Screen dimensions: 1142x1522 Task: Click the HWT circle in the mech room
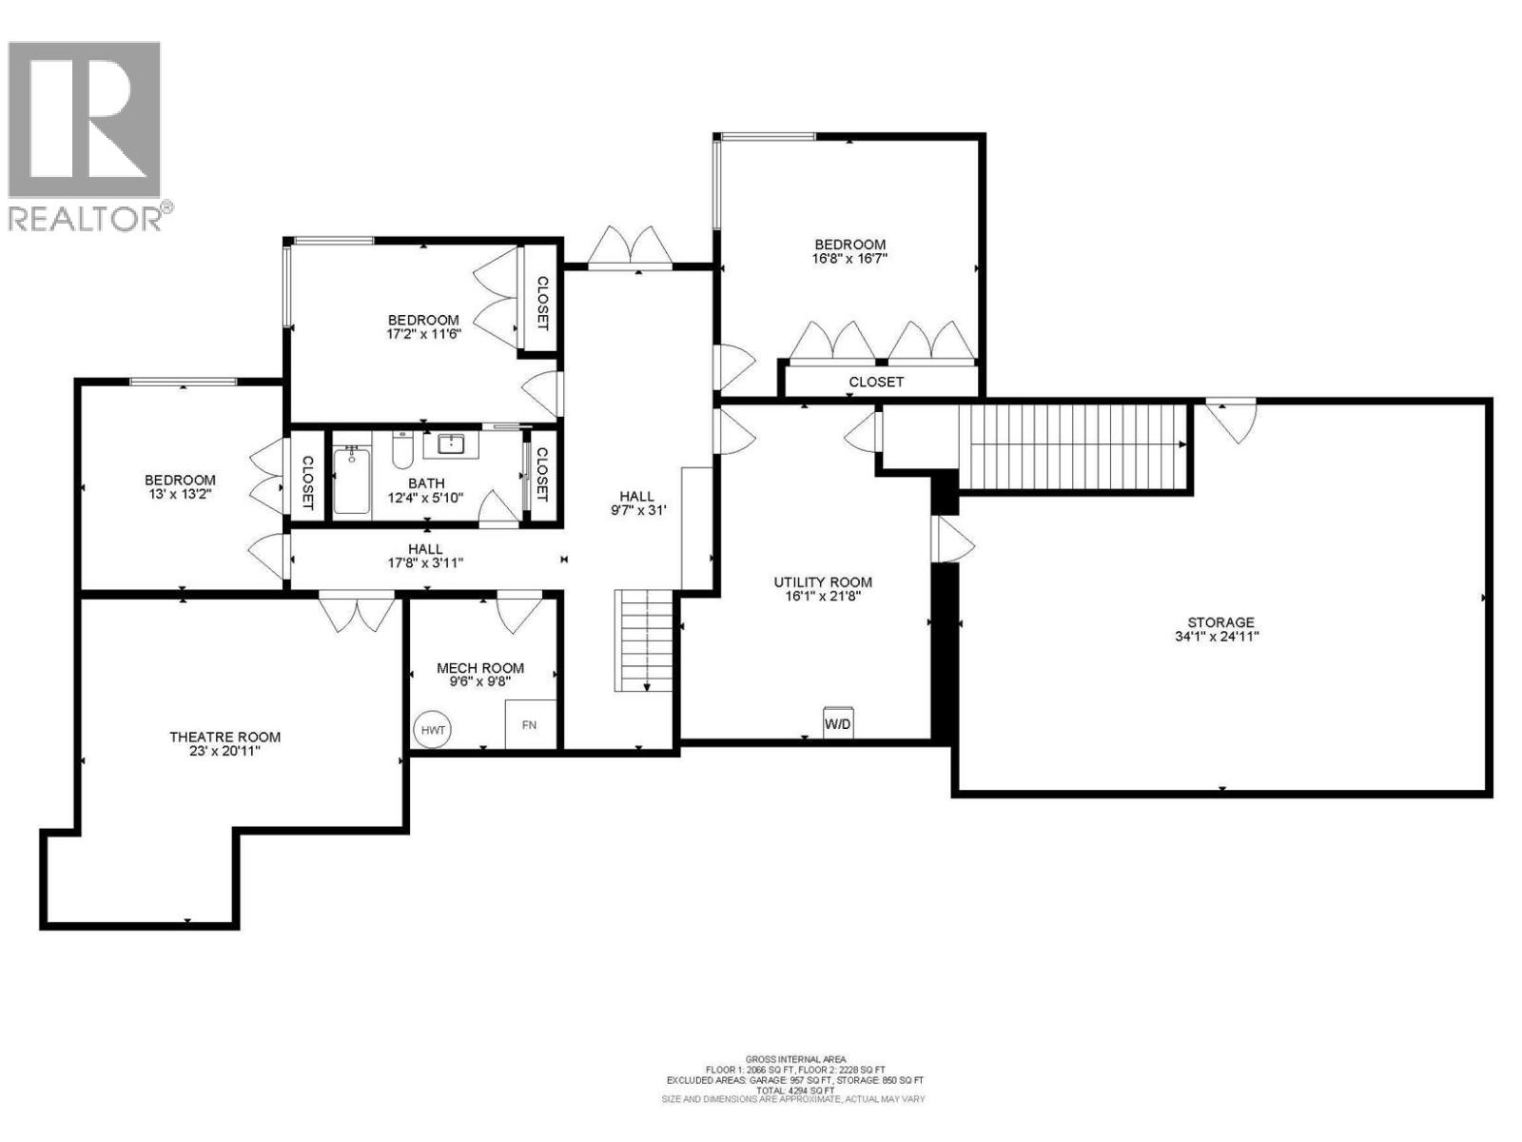click(x=433, y=730)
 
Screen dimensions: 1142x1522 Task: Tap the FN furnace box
click(x=530, y=724)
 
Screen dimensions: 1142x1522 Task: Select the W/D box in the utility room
click(x=838, y=723)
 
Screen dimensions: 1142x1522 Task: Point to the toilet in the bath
click(x=402, y=450)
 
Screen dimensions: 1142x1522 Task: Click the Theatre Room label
click(x=224, y=737)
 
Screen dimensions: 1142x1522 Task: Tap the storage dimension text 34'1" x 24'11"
click(x=1217, y=637)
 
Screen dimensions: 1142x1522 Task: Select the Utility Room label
click(x=822, y=582)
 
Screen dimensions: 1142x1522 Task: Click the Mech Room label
click(x=480, y=668)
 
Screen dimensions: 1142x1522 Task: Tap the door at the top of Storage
click(x=1231, y=420)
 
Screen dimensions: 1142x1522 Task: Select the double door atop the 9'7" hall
click(x=629, y=249)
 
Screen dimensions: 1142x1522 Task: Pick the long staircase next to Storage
click(x=1073, y=444)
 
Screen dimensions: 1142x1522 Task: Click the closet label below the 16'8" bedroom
click(x=876, y=382)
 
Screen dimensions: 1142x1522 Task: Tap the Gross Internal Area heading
click(x=794, y=1059)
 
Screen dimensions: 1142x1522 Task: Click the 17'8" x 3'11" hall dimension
click(x=425, y=562)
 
